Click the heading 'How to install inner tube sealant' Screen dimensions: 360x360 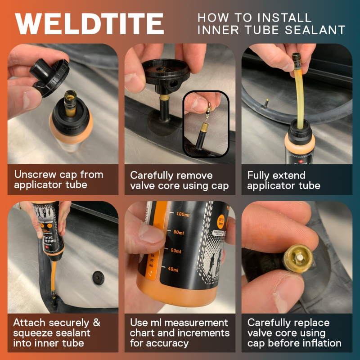tap(271, 24)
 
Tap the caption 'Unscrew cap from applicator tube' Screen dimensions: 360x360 tap(59, 180)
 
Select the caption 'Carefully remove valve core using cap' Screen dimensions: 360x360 tap(180, 180)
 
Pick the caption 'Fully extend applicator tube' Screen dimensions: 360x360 tap(283, 180)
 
